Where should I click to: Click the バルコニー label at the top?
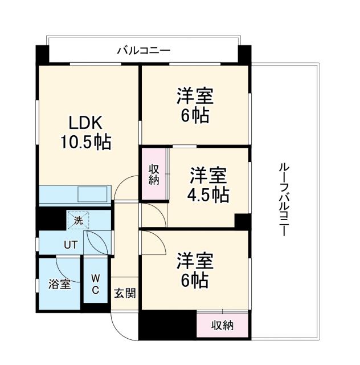(144, 51)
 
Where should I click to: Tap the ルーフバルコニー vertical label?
(283, 200)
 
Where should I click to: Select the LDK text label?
(85, 123)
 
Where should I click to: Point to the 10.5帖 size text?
(85, 141)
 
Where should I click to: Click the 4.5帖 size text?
(208, 195)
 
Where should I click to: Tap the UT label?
(70, 245)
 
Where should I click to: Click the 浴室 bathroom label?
(60, 284)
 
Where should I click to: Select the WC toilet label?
(96, 284)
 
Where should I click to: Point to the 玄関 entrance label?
(125, 294)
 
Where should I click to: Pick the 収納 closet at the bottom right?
(223, 326)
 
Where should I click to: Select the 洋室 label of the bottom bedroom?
(194, 261)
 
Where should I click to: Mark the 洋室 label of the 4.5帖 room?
(208, 175)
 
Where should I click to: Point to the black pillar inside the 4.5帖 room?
(242, 221)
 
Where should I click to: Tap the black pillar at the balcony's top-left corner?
(42, 54)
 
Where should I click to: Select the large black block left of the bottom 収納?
(167, 326)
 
